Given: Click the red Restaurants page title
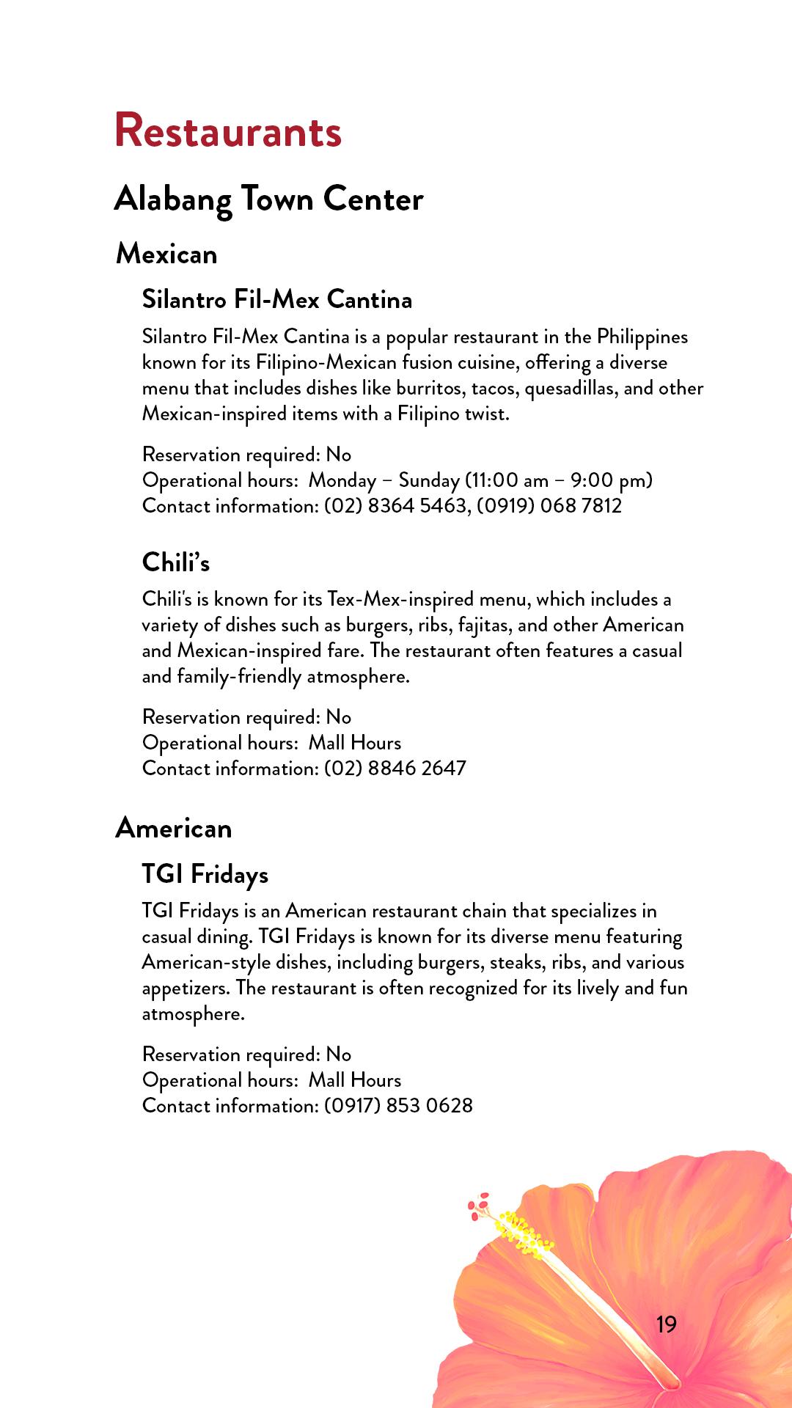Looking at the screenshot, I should (x=228, y=131).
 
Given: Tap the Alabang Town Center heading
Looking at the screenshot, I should (x=269, y=199).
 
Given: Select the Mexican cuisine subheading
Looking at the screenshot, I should (x=166, y=254).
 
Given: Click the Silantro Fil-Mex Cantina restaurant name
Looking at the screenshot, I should (x=277, y=299).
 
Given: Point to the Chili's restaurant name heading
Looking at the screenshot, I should (x=176, y=562).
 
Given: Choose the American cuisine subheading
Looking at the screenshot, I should (x=174, y=828).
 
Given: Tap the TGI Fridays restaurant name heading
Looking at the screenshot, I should (x=205, y=874).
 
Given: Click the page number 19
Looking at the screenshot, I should (x=666, y=1324).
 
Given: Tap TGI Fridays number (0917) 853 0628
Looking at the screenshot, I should (x=398, y=1106).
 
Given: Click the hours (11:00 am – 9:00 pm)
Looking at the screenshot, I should (x=559, y=480).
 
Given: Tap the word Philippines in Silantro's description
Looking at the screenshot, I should (x=642, y=337).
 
